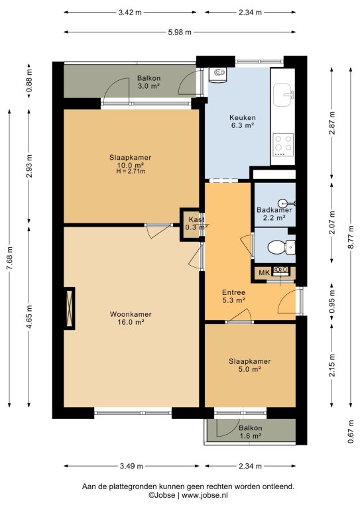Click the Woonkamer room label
tap(131, 314)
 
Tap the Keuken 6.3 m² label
tap(242, 121)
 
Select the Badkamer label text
tap(274, 209)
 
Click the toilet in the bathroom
tap(281, 247)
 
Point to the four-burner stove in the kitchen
tap(283, 144)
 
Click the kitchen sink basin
tap(283, 95)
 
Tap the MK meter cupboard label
tap(264, 272)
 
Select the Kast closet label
tap(196, 219)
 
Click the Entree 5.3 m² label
tap(233, 296)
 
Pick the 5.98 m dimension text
tap(180, 32)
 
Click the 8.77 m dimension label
tap(350, 237)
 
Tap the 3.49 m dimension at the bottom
tap(131, 466)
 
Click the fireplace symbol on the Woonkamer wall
tap(69, 308)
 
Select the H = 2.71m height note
tap(131, 172)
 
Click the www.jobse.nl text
tap(205, 495)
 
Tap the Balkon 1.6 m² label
tap(251, 431)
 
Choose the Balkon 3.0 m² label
tap(149, 82)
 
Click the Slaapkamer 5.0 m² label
tap(250, 365)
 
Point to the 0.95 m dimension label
tap(331, 301)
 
